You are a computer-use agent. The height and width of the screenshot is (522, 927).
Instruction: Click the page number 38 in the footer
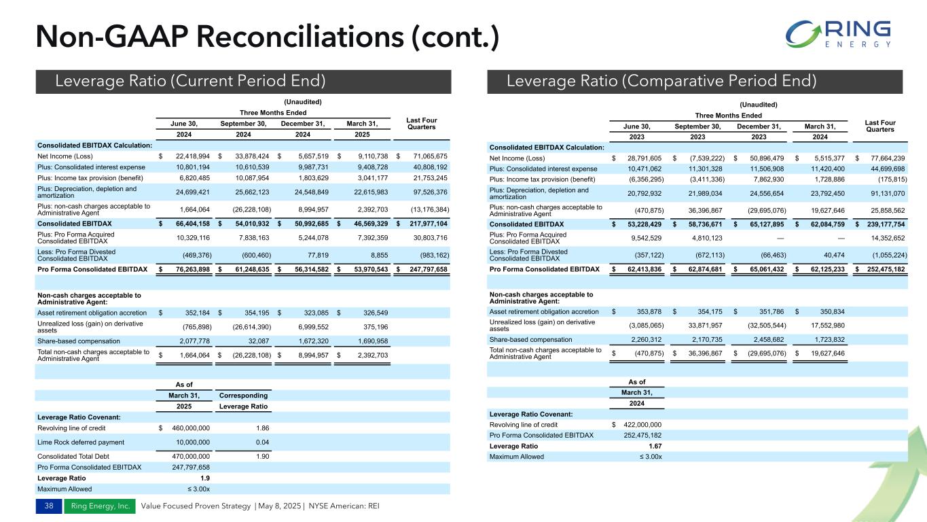click(x=48, y=506)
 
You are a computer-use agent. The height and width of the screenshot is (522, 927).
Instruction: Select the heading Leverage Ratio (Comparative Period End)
click(x=661, y=82)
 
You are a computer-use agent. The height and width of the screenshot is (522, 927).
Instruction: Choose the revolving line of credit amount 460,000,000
click(x=185, y=428)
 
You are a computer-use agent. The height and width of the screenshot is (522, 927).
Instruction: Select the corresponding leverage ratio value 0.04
click(x=261, y=442)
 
